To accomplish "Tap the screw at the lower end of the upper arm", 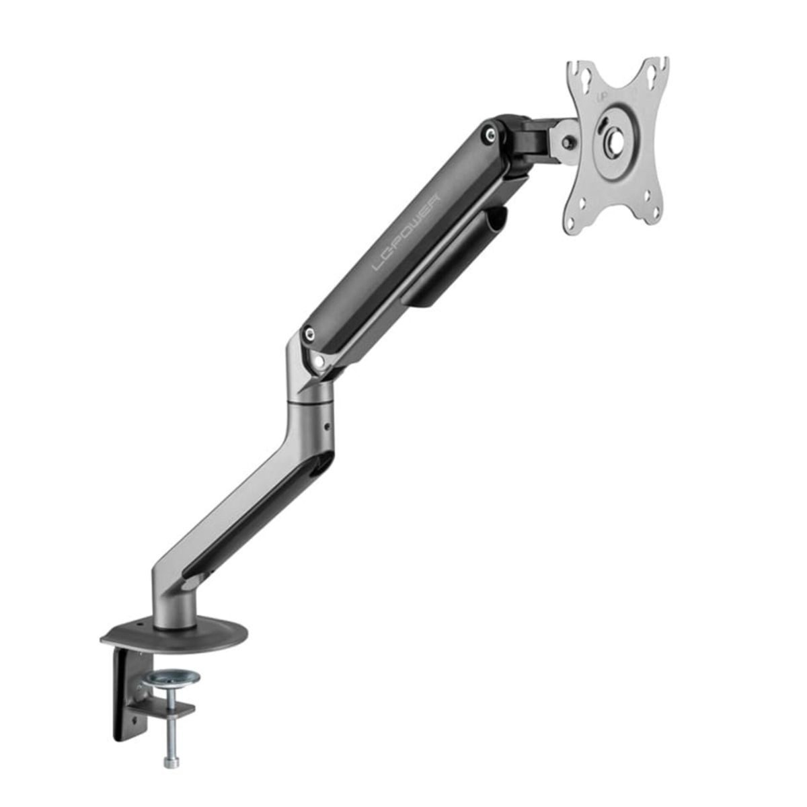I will (308, 332).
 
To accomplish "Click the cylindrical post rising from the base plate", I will (175, 609).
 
